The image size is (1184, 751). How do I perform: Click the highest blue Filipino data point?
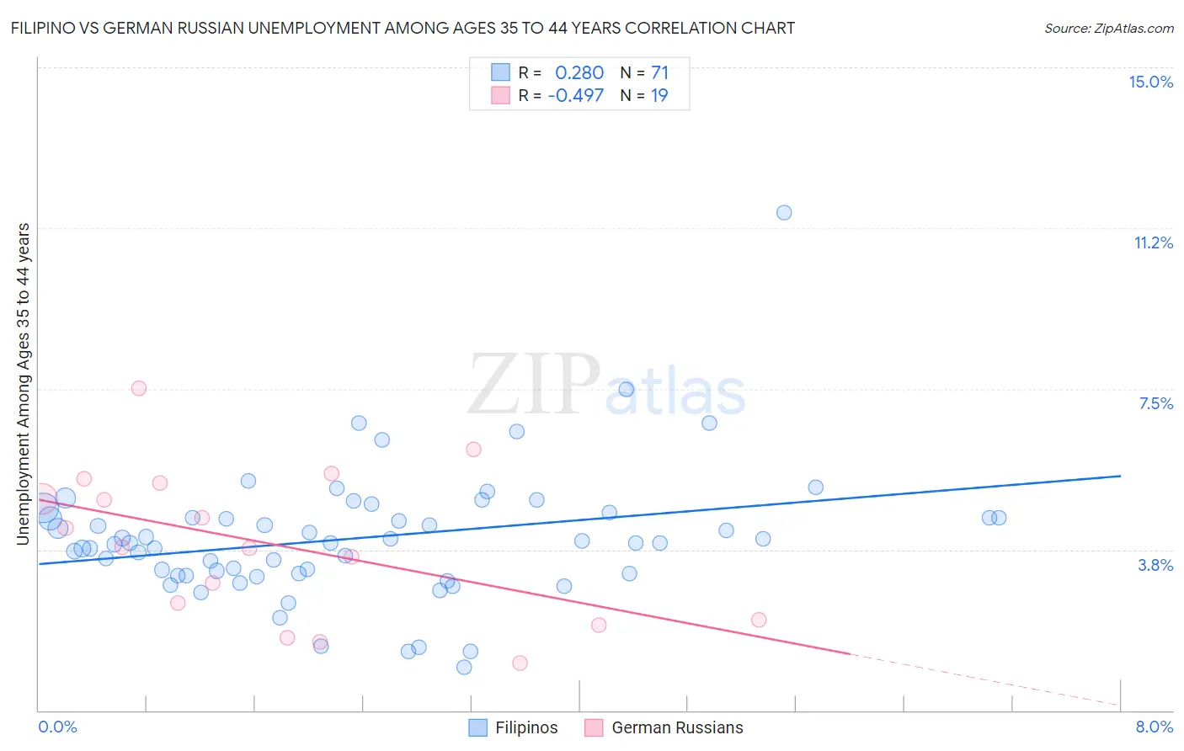(784, 212)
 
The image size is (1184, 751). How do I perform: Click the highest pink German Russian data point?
(139, 388)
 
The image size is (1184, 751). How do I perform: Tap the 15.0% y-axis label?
(1150, 82)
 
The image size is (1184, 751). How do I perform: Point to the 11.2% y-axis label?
(1153, 242)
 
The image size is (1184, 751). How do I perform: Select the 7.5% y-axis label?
(1155, 403)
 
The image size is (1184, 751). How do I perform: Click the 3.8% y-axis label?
(1155, 565)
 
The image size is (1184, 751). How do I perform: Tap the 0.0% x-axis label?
(57, 727)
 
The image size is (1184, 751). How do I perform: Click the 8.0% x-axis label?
(1154, 727)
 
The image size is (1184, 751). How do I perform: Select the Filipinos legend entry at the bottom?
(526, 727)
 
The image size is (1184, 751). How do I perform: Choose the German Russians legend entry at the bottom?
(677, 727)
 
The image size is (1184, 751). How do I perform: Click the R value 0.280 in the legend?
(579, 73)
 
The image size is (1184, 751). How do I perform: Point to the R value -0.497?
(576, 95)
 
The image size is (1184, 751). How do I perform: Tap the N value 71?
(659, 73)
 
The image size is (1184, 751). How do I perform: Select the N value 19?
(659, 95)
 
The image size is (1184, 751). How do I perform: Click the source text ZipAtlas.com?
(1109, 29)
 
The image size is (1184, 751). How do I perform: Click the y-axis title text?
(24, 383)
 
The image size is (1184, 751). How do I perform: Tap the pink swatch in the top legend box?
(501, 95)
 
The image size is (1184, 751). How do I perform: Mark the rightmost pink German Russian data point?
(759, 620)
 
